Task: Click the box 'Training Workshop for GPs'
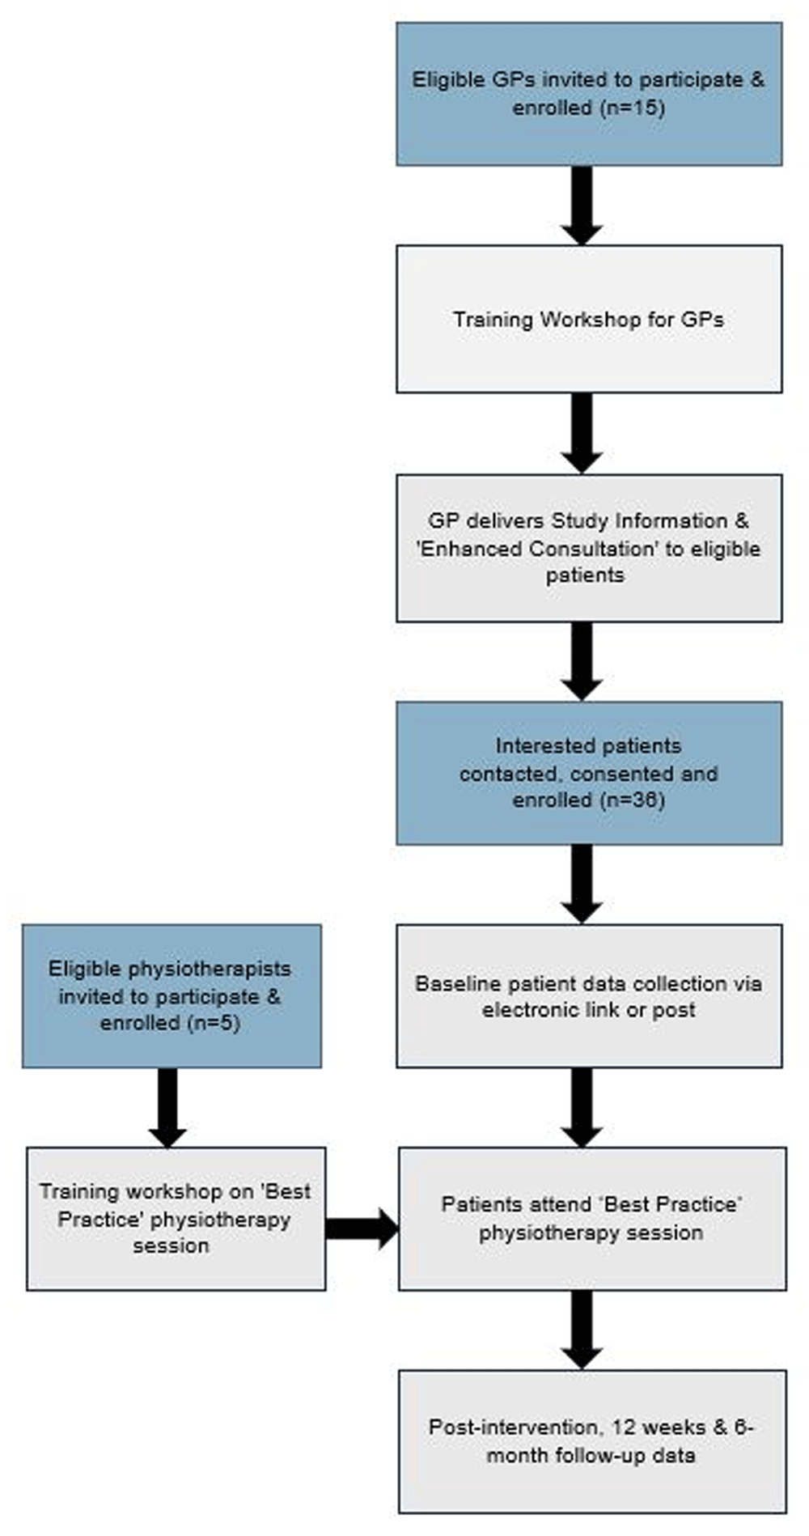coord(589,319)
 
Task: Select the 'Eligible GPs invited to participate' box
coord(589,94)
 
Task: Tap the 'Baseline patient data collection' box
coord(589,995)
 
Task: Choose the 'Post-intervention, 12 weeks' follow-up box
coord(592,1441)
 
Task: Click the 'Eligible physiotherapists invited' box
coord(172,995)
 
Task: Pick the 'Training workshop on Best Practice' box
coord(176,1218)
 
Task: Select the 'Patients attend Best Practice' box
coord(592,1218)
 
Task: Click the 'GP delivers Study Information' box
coord(589,548)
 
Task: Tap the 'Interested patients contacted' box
coord(589,773)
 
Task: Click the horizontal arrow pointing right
coord(362,1228)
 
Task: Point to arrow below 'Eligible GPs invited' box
coord(582,206)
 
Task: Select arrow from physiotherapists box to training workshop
coord(167,1107)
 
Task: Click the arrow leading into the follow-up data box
coord(582,1330)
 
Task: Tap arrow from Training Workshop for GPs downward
coord(582,433)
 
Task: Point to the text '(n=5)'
coord(214,1023)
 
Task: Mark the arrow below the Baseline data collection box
coord(582,1107)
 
